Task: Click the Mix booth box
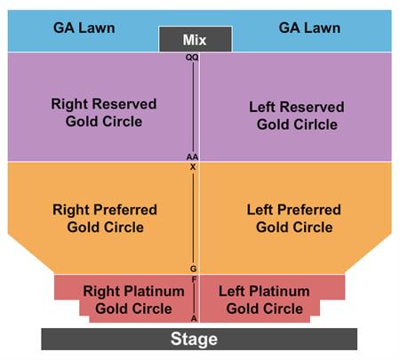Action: point(196,39)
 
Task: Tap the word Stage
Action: point(194,339)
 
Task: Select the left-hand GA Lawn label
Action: point(84,28)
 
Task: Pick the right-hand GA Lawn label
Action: point(309,28)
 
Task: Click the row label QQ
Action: point(192,57)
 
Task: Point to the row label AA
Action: point(192,156)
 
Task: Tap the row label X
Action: point(193,167)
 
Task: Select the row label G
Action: point(193,268)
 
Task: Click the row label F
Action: point(194,279)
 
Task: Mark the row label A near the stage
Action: point(194,318)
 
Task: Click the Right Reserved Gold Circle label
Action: point(104,113)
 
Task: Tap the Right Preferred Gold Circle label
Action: point(105,219)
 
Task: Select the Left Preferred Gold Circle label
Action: point(294,219)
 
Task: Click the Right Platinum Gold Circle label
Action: point(133,300)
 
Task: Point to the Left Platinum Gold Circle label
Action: point(264,300)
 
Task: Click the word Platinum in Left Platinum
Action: point(279,292)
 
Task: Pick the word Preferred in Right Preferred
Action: point(125,210)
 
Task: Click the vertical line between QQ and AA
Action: point(194,107)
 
